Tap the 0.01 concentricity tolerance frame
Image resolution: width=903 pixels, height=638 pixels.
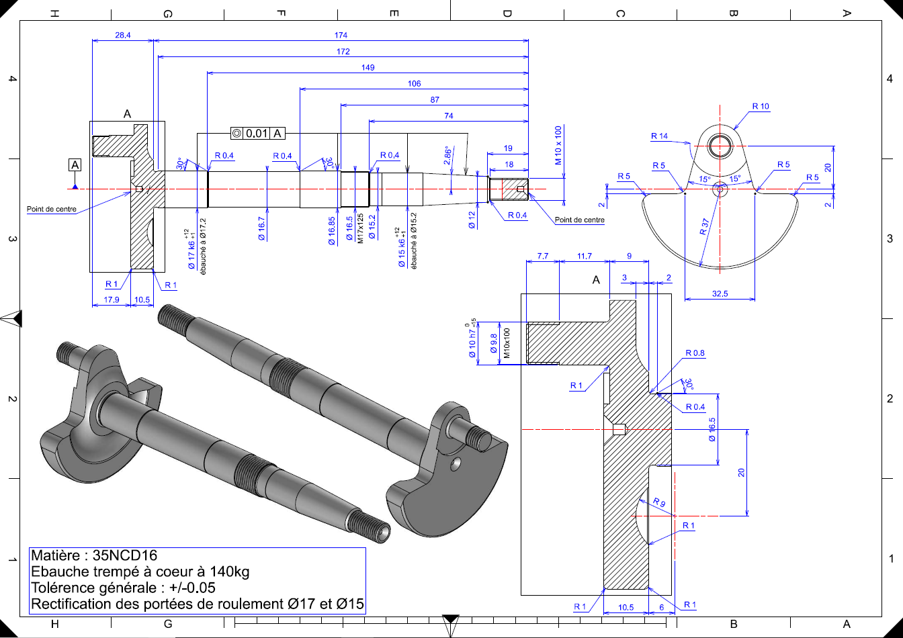(258, 133)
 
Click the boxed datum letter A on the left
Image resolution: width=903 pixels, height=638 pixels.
(75, 165)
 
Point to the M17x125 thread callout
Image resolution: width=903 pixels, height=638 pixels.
(360, 228)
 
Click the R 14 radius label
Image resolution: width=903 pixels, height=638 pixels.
(659, 136)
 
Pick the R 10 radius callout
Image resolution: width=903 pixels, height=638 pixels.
(761, 106)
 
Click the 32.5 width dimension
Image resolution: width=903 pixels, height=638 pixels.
(720, 293)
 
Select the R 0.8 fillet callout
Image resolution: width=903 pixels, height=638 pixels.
(695, 353)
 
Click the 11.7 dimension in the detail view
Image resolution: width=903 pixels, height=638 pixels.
(584, 256)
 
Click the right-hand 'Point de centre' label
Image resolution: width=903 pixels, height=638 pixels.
(579, 220)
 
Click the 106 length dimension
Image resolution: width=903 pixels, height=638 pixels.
(414, 83)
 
